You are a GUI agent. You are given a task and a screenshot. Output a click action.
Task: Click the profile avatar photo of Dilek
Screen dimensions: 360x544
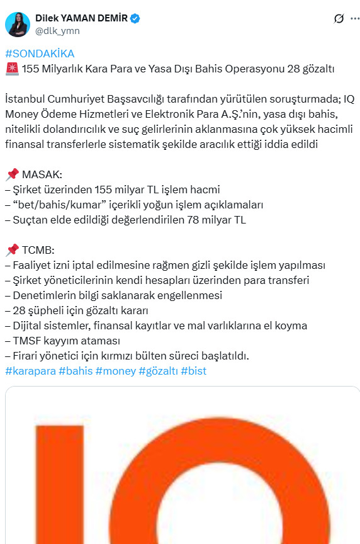pos(18,24)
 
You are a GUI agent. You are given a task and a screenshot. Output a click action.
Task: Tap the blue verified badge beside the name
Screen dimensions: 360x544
pos(135,19)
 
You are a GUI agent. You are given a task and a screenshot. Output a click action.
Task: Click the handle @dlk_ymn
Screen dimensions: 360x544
pos(57,30)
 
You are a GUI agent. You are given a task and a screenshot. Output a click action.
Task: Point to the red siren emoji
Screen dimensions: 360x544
pos(11,69)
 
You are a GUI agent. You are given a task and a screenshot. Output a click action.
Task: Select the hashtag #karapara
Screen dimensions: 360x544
pos(30,371)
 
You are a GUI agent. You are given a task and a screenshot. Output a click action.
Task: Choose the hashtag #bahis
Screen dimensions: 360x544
pos(76,371)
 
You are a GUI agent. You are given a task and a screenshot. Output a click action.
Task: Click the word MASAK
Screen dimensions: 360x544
pos(42,174)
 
